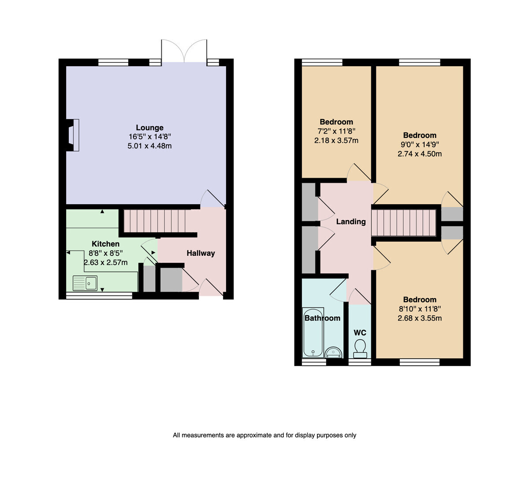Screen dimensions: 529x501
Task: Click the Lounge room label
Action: pos(149,127)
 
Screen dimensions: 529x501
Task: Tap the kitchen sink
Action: pos(85,283)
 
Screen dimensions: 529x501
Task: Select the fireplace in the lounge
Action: pos(73,135)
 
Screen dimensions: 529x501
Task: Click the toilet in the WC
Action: pos(360,348)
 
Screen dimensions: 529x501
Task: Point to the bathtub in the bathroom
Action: pos(313,333)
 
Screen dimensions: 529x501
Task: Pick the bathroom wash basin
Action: pos(333,352)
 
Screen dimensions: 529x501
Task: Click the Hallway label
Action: pos(201,253)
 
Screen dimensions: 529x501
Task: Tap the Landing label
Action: pos(351,221)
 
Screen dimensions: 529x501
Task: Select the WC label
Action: pos(360,333)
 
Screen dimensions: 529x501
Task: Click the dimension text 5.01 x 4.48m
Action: pos(149,146)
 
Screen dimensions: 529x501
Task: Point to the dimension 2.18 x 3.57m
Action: pos(336,140)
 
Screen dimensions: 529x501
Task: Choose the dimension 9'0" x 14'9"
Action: pos(420,145)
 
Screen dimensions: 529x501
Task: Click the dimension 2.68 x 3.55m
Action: pos(420,318)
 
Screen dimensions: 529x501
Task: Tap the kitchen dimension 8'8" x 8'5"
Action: pos(105,253)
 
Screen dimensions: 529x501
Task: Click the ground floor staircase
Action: pos(155,221)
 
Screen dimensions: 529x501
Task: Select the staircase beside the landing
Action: pos(404,222)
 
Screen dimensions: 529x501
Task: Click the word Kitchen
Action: pos(105,244)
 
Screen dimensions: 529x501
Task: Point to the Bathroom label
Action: pos(322,318)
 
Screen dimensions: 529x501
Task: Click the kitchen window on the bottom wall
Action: pos(99,296)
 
